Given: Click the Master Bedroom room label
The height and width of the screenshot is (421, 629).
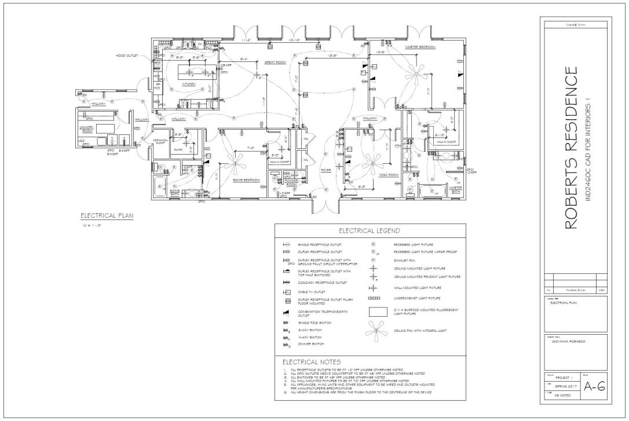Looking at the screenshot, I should coord(420,47).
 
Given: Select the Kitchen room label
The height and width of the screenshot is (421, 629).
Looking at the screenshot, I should coord(189,84).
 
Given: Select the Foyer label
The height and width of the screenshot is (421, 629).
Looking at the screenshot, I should coord(326,170).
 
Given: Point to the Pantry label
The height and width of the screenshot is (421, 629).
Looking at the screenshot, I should coord(178,149).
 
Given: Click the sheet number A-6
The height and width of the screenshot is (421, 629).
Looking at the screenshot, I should coord(594,387).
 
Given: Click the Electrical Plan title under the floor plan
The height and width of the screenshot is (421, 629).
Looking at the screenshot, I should coord(107,217).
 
